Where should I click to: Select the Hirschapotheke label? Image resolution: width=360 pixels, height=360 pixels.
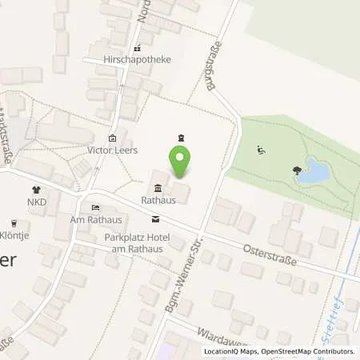(142, 59)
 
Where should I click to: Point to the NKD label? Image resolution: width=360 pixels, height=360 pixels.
(36, 202)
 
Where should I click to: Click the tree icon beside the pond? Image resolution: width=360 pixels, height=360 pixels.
(298, 170)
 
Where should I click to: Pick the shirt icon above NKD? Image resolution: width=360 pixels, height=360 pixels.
(35, 190)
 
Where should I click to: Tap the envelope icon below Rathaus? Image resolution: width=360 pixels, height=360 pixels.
(155, 219)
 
